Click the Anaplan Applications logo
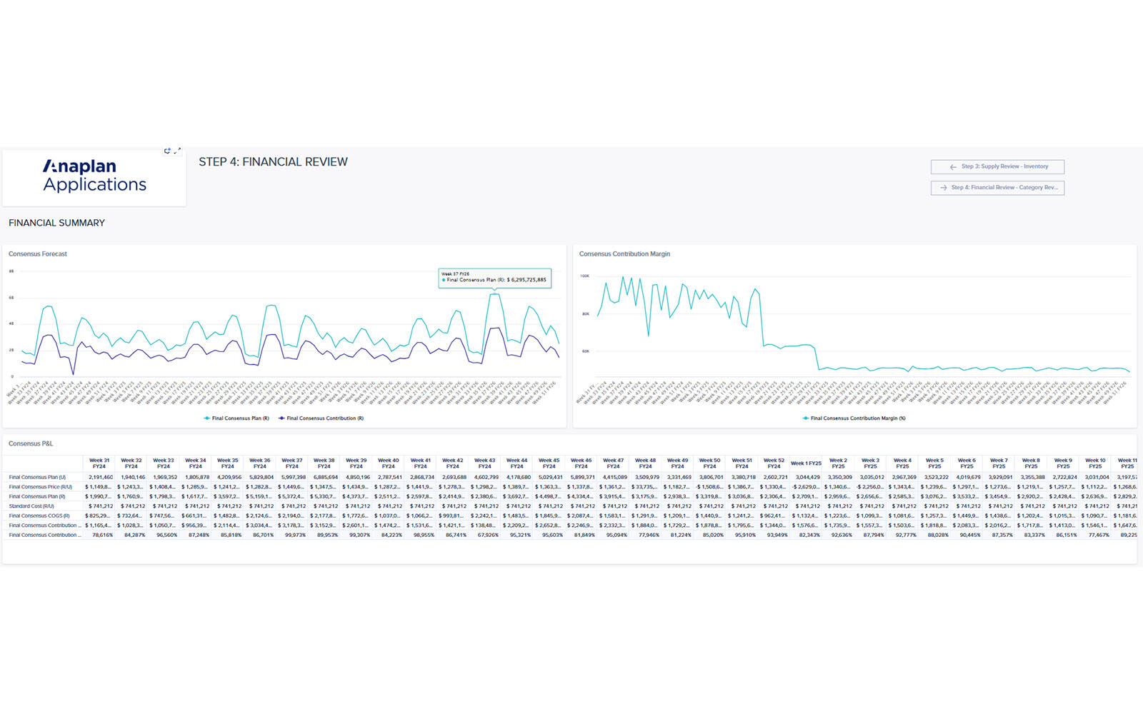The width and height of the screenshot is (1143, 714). click(94, 176)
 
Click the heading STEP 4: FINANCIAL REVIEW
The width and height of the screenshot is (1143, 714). click(273, 162)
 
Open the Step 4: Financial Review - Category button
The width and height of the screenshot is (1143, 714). click(997, 188)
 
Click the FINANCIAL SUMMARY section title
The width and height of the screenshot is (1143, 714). click(56, 223)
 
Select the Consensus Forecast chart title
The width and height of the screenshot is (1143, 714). click(38, 254)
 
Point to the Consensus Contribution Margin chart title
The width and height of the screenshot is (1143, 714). click(624, 254)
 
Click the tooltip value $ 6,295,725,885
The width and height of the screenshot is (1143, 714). click(526, 280)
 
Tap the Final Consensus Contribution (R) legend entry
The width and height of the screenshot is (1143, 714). click(324, 418)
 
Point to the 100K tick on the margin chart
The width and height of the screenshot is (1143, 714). click(584, 276)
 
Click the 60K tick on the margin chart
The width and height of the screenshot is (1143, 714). click(585, 351)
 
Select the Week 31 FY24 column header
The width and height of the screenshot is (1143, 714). click(99, 463)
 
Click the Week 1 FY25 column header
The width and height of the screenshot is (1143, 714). click(806, 463)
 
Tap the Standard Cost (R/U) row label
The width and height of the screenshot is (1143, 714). click(31, 506)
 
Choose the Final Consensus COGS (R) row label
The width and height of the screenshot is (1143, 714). click(39, 516)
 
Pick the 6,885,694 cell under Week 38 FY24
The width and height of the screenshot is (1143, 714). click(325, 477)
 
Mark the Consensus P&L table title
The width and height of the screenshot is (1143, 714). click(31, 444)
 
